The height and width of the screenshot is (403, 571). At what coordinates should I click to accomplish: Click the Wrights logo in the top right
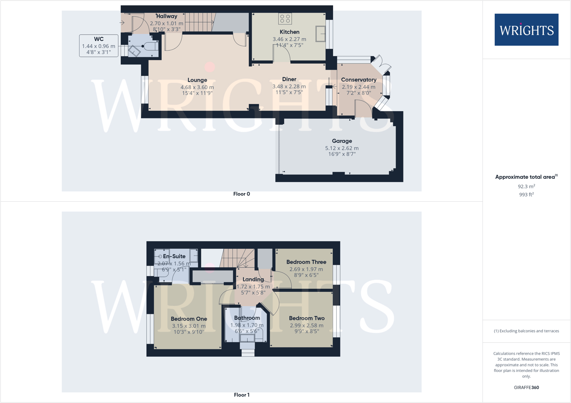point(526,30)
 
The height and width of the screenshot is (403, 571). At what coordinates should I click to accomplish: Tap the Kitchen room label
point(289,32)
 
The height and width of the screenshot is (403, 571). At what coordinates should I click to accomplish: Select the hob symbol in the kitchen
point(285,19)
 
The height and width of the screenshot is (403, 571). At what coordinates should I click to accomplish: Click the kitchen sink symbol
point(320,34)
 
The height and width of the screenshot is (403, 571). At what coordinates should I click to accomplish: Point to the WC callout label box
point(99,46)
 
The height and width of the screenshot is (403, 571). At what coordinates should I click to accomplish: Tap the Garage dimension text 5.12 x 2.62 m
point(342,148)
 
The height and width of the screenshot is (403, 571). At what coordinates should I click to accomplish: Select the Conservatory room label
point(359,80)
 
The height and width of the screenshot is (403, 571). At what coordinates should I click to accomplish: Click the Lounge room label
point(197,80)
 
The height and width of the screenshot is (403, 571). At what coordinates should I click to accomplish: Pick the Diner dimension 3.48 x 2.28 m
point(289,87)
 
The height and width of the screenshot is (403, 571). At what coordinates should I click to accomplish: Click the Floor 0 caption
point(242,194)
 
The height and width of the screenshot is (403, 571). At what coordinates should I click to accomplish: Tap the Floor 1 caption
point(242,395)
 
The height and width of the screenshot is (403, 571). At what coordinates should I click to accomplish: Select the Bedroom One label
point(189,319)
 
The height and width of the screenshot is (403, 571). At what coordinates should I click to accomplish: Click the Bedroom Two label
point(306,318)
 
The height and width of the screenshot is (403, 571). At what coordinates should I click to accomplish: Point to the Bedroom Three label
point(306,262)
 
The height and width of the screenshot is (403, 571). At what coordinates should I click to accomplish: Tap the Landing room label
point(253,279)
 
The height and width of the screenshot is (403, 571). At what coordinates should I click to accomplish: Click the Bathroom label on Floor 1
point(247,318)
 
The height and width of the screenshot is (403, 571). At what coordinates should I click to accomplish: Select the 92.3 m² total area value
point(526,186)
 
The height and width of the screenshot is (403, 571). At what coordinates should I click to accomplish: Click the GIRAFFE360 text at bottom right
point(526,387)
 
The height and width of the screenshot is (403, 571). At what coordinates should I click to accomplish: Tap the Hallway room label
point(166,16)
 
